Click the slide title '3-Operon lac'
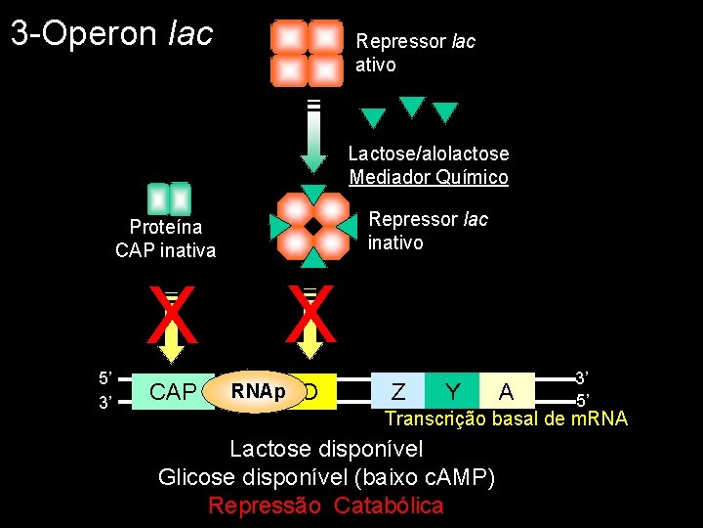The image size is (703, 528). click(x=111, y=34)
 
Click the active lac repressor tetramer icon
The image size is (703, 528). click(x=307, y=53)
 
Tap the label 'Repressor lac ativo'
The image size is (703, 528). click(x=415, y=54)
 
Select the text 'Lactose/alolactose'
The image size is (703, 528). click(x=429, y=154)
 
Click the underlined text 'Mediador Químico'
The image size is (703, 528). click(x=429, y=177)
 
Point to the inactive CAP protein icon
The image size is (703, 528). click(x=168, y=198)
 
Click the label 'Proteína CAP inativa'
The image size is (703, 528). click(x=165, y=239)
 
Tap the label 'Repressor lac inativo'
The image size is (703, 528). click(x=427, y=230)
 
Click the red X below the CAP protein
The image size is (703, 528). click(x=172, y=316)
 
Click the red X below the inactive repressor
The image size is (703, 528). click(x=310, y=316)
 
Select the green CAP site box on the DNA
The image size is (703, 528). click(x=172, y=391)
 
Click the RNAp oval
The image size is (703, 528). click(x=258, y=391)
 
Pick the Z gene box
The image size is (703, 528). click(x=398, y=391)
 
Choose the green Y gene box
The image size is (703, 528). click(x=452, y=391)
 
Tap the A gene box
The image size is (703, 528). click(x=507, y=391)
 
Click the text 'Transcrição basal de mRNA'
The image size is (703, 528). click(x=506, y=418)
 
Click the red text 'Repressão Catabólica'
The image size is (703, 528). click(x=326, y=506)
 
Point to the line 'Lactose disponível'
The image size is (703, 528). click(x=326, y=449)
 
